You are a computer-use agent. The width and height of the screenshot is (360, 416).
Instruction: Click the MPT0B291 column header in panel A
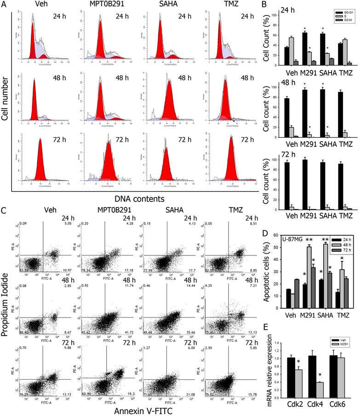pyautogui.click(x=97, y=6)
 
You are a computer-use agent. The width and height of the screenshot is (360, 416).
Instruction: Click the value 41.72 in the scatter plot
pyautogui.click(x=124, y=306)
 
